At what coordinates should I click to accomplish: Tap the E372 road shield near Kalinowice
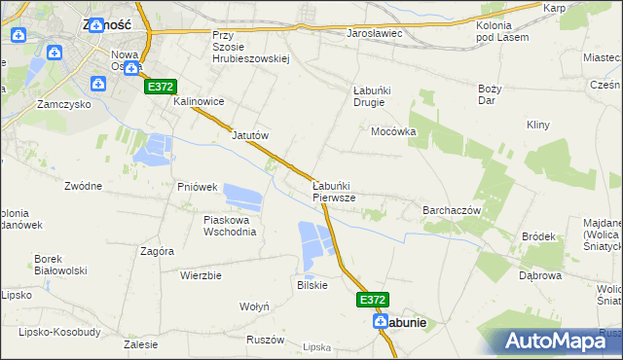point(162,88)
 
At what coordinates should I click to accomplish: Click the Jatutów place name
point(249,136)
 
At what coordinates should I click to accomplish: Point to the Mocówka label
point(393,131)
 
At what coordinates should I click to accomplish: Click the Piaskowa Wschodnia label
point(230,226)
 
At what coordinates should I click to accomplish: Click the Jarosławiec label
point(375,33)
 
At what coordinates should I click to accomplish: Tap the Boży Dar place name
point(490,94)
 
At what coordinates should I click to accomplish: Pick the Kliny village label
point(538,126)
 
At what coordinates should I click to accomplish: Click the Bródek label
point(538,236)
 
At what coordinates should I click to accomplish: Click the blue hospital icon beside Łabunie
point(385,322)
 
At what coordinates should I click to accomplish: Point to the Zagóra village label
point(157,251)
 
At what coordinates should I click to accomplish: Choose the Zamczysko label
point(63,103)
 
